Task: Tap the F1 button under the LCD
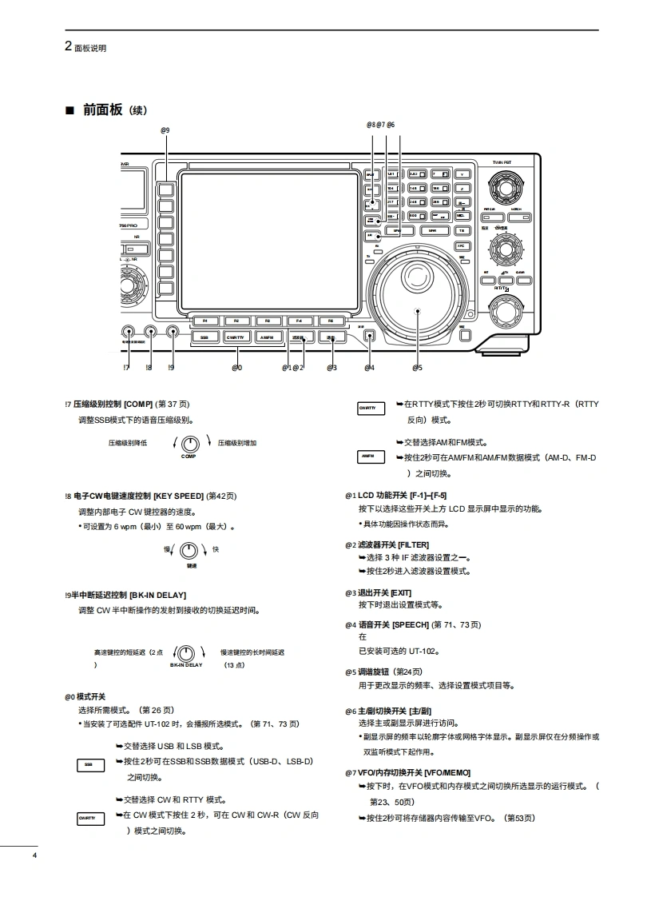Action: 205,321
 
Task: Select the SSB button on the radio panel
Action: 204,337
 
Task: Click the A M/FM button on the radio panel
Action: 267,337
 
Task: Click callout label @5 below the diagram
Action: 417,368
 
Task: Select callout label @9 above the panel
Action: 165,130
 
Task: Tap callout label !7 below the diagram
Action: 127,368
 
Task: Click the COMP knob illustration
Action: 189,444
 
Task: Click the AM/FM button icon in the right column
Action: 368,456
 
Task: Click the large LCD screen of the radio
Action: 269,240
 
